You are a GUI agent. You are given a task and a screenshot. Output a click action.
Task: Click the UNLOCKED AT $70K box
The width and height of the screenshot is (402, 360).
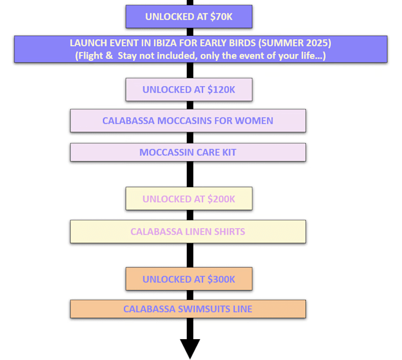[189, 17]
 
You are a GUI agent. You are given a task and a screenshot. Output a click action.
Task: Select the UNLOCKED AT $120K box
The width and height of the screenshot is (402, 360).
[189, 90]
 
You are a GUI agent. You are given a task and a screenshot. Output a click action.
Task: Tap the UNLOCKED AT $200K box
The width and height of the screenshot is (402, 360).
[189, 199]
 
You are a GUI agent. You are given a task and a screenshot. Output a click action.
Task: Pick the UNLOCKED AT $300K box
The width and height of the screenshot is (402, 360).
[189, 279]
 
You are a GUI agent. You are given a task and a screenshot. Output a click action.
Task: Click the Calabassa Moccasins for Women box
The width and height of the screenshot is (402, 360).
[188, 121]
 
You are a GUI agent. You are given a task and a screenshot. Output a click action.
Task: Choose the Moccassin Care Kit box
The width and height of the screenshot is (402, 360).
[188, 153]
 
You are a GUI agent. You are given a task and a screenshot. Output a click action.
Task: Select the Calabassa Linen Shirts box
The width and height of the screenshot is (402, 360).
[188, 232]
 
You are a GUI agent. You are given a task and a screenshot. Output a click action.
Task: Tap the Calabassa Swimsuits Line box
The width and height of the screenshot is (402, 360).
[188, 309]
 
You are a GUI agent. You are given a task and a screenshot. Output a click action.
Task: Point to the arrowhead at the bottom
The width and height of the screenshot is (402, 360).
[190, 348]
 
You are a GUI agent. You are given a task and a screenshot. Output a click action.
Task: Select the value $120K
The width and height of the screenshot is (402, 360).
[222, 90]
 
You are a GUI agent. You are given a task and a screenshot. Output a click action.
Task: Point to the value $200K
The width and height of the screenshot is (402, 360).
[222, 199]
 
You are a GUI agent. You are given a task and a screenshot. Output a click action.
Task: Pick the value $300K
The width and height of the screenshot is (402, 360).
[222, 279]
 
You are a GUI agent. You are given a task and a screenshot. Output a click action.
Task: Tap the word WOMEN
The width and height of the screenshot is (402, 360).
[256, 121]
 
